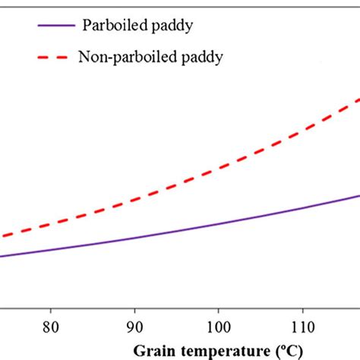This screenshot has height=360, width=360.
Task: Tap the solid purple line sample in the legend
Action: [x=56, y=24]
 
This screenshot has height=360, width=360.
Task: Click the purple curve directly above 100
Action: [x=219, y=223]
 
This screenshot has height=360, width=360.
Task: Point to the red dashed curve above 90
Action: [x=134, y=200]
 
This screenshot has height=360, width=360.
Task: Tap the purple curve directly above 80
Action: [x=51, y=248]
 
